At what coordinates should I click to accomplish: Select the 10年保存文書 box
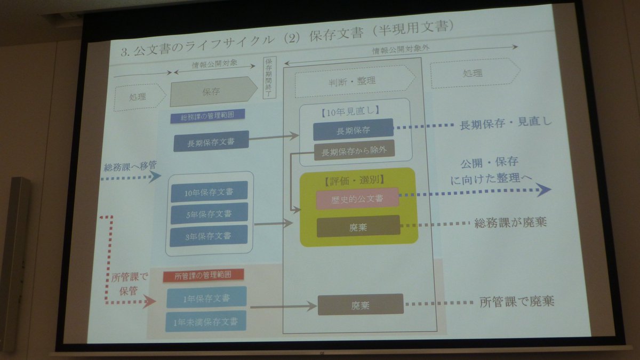point(209,191)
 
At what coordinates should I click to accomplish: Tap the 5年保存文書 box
point(209,213)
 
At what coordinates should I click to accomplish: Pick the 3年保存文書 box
point(209,236)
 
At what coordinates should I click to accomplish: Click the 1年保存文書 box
point(206,298)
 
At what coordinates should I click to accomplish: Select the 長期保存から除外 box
point(354,151)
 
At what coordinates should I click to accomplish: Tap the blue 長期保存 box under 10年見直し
point(353,130)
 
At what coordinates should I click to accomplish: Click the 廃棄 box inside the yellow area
point(358,226)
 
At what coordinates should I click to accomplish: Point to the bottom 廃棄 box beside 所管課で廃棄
point(361,305)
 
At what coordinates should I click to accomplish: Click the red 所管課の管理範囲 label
point(203,275)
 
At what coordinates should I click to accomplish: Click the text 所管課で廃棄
point(517,302)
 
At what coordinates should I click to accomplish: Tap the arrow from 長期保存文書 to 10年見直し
point(274,137)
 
